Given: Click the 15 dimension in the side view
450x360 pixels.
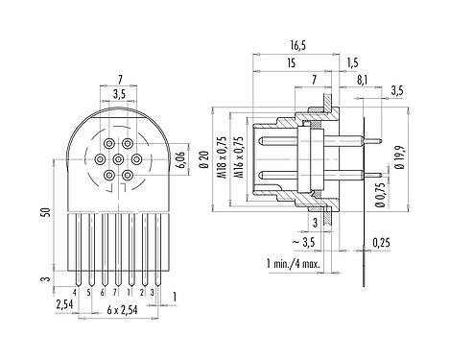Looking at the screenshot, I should tap(289, 63).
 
